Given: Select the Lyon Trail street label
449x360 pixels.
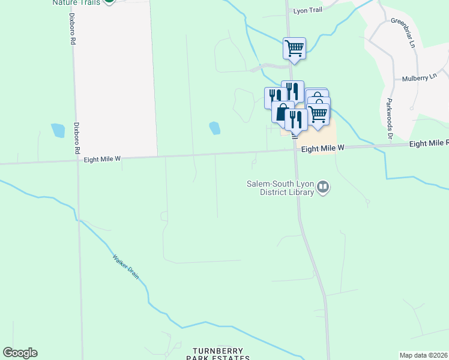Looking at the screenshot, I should coord(308,11).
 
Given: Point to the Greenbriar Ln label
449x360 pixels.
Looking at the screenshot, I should coord(403,29).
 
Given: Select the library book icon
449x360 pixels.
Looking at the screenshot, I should coord(324,188).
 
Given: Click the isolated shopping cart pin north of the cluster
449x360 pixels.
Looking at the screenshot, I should coord(294,47).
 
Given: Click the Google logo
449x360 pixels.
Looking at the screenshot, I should coord(20,353).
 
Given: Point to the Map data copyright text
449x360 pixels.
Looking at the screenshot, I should coord(424,355).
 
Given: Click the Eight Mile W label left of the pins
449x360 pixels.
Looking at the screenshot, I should coord(103,159).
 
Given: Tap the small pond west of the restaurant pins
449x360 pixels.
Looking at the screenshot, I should coord(214,128).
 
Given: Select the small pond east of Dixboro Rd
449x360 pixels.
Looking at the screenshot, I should coord(58,130).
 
